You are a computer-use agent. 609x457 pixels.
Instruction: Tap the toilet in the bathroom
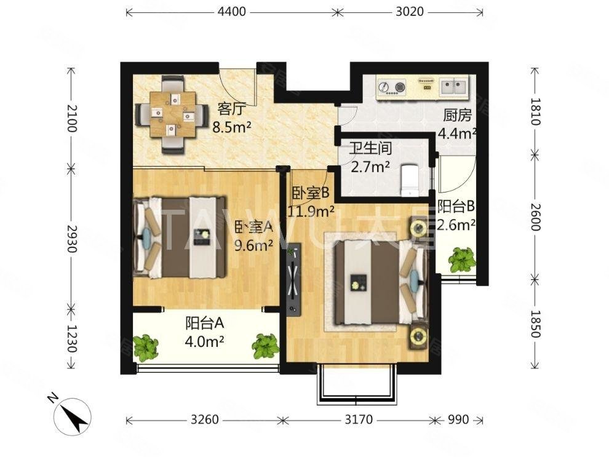pyautogui.click(x=409, y=180)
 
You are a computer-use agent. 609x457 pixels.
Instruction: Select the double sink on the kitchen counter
pyautogui.click(x=454, y=87)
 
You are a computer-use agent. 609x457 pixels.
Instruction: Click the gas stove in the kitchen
pyautogui.click(x=391, y=87)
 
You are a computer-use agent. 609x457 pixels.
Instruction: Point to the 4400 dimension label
pyautogui.click(x=232, y=12)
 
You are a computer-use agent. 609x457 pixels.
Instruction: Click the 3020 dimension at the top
pyautogui.click(x=409, y=12)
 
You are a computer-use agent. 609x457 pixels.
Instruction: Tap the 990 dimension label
pyautogui.click(x=458, y=419)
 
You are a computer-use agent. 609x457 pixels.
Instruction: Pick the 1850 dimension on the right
pyautogui.click(x=535, y=324)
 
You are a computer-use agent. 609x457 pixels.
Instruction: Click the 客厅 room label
pyautogui.click(x=231, y=109)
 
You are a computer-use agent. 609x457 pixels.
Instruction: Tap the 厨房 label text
pyautogui.click(x=457, y=115)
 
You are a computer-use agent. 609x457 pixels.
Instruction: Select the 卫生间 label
pyautogui.click(x=370, y=149)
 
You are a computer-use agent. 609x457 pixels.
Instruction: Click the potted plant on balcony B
pyautogui.click(x=462, y=260)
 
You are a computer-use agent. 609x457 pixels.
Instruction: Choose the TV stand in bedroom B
pyautogui.click(x=293, y=279)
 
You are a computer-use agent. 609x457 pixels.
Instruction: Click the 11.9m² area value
pyautogui.click(x=311, y=212)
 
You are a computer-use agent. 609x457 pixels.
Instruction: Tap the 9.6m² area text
pyautogui.click(x=252, y=245)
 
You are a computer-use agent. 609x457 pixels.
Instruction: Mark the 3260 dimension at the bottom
pyautogui.click(x=204, y=419)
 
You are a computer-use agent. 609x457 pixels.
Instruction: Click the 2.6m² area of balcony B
pyautogui.click(x=456, y=225)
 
